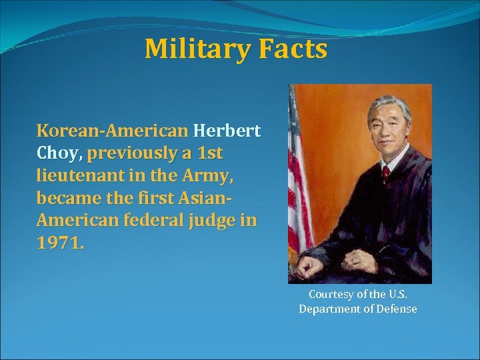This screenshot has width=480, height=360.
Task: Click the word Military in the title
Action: point(189,49)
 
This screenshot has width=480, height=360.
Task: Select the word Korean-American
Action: point(112,130)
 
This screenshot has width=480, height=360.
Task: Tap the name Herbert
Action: point(227,130)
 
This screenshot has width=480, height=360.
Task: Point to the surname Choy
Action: point(59,153)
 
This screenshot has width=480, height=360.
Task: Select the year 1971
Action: point(60,243)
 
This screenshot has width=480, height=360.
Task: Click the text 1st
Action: point(210,153)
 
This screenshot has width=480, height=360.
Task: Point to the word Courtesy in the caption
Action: point(331,294)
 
